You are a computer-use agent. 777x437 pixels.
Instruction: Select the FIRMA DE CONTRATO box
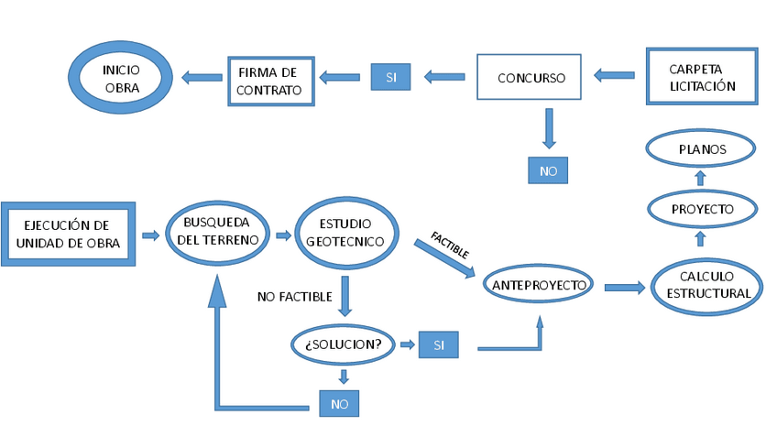[270, 81]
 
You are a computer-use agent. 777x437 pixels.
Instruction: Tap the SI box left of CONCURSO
[390, 77]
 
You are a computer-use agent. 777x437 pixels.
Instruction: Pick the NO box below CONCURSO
[548, 170]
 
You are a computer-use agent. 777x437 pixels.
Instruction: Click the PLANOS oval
[701, 147]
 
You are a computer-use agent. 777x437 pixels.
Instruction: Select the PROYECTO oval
[703, 209]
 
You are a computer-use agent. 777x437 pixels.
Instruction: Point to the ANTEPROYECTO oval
[539, 285]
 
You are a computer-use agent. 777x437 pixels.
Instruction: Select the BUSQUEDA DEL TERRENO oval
[216, 232]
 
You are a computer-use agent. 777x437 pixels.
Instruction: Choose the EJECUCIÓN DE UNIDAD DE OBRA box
[69, 234]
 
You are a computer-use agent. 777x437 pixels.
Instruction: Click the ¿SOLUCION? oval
[344, 344]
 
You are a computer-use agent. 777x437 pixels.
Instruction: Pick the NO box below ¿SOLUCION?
[339, 402]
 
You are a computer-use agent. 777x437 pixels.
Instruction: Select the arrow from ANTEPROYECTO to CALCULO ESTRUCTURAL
[624, 288]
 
